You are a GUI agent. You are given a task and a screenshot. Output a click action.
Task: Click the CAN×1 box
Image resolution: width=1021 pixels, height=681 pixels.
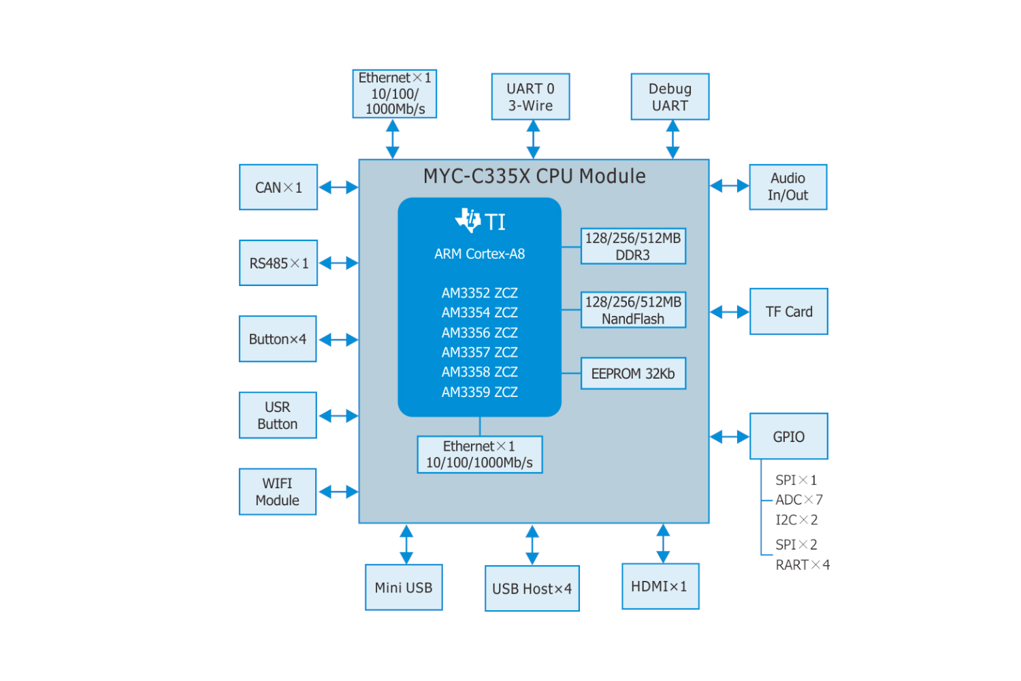click(x=278, y=187)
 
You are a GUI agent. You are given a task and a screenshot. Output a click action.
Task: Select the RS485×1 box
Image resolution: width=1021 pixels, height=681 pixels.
click(x=278, y=263)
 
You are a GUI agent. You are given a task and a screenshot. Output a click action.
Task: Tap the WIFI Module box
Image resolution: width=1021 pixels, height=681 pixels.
click(x=278, y=492)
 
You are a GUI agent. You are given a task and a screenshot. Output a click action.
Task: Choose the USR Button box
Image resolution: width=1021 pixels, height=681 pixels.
click(x=278, y=415)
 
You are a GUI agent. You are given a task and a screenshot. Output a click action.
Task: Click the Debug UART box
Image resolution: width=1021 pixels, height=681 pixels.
click(x=670, y=97)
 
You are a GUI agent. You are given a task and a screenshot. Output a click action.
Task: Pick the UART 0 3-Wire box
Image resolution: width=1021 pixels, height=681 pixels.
click(x=530, y=97)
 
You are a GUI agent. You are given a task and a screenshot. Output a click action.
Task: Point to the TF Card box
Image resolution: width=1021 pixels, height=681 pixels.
click(x=789, y=312)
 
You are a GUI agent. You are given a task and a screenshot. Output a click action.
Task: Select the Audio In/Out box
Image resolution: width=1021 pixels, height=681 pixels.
click(x=788, y=187)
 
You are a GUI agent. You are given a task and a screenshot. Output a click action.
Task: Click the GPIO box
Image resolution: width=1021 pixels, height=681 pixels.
click(x=789, y=437)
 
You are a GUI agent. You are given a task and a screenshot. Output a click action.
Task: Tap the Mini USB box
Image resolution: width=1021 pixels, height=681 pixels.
click(x=404, y=588)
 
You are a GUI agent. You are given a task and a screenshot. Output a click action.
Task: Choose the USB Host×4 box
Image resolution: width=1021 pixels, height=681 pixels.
click(x=532, y=589)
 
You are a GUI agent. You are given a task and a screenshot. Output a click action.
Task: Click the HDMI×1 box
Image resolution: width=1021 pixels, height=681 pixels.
click(x=660, y=586)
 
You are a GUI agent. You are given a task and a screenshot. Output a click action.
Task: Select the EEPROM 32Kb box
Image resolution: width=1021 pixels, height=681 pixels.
click(x=633, y=374)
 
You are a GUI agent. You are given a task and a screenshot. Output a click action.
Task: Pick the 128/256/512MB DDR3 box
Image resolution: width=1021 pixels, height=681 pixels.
click(x=633, y=247)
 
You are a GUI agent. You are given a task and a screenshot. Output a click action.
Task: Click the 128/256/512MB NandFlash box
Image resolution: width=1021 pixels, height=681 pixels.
click(x=633, y=311)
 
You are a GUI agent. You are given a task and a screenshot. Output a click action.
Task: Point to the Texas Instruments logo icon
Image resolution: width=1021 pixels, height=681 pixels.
click(x=468, y=220)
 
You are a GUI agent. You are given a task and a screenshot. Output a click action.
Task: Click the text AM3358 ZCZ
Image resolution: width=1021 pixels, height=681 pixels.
click(x=479, y=373)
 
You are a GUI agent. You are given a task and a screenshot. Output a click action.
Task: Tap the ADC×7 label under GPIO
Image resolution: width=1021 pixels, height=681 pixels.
click(x=799, y=500)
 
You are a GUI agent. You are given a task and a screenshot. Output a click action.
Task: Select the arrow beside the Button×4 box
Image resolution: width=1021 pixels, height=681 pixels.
click(x=338, y=339)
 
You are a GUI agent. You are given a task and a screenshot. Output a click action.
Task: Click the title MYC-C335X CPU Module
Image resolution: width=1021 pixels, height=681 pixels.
click(x=534, y=176)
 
